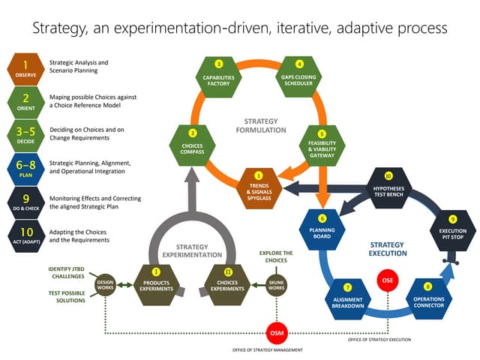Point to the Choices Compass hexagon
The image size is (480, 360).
(192, 142)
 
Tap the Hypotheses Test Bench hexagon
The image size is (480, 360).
(388, 186)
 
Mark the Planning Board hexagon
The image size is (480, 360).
(322, 227)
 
